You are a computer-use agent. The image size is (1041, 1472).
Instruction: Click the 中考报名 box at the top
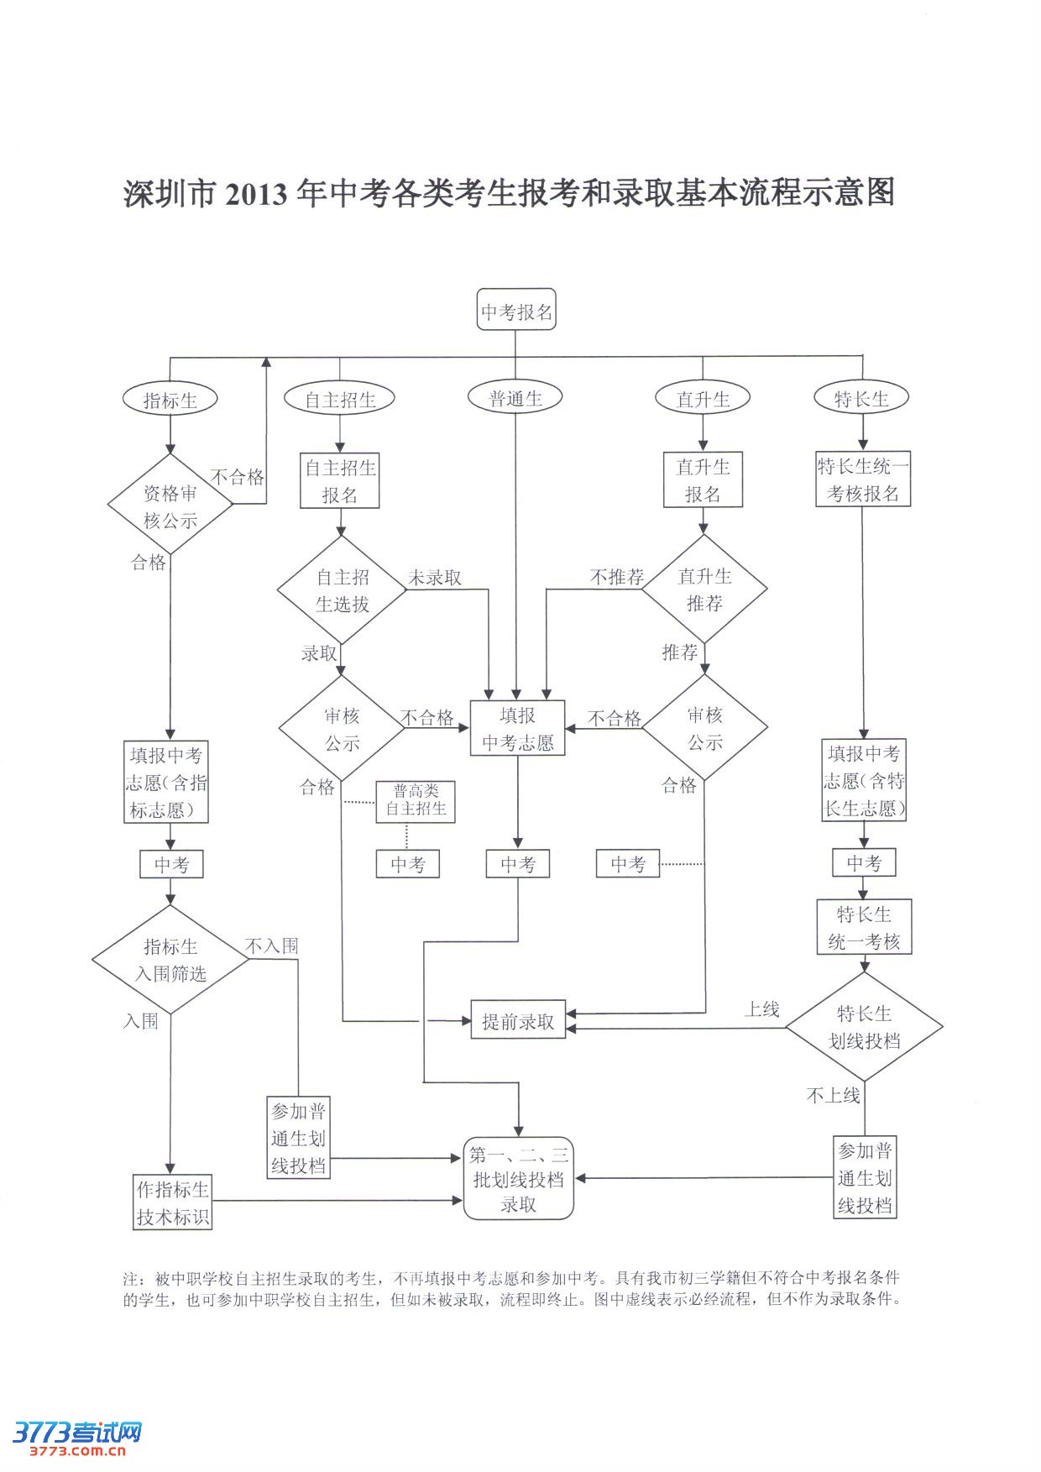516,312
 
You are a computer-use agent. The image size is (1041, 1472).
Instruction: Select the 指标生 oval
170,400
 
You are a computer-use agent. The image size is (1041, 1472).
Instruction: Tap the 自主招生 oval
339,400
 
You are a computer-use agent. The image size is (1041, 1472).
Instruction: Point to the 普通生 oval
515,398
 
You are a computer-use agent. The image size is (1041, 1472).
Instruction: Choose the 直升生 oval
703,399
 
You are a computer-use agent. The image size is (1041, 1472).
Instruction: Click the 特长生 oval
861,399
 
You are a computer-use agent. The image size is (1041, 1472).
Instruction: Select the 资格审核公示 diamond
170,506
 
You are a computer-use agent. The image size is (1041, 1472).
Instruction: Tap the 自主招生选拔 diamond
342,590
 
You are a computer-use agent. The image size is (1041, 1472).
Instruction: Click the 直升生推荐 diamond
704,589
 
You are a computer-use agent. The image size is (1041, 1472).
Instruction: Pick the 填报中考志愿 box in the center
517,728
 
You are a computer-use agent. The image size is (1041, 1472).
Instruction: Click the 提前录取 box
518,1021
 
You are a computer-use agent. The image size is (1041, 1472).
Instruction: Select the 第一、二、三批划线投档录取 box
519,1179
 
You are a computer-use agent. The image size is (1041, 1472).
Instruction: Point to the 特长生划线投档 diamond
864,1027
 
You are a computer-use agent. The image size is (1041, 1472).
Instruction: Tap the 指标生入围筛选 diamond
170,960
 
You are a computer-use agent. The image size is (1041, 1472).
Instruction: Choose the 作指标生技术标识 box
173,1202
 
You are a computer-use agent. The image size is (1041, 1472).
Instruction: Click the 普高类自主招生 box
416,800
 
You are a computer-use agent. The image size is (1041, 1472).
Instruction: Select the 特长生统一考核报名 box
863,479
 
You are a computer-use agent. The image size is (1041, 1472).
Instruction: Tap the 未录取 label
435,578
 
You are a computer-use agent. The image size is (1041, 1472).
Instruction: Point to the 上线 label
761,1009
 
